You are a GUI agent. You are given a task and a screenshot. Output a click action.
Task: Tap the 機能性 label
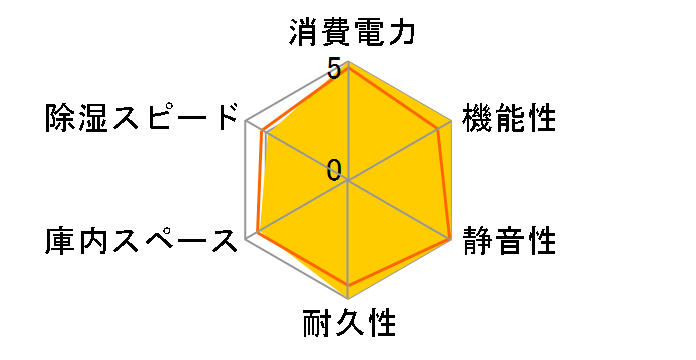(x=509, y=118)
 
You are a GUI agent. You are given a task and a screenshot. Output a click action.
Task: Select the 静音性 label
(x=509, y=240)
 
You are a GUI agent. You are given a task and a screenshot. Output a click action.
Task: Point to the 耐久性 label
(x=348, y=325)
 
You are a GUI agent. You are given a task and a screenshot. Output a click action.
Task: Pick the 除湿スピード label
(x=142, y=118)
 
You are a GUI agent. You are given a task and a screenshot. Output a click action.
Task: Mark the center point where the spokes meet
(x=348, y=181)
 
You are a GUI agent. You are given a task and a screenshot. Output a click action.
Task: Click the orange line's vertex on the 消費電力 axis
(x=348, y=67)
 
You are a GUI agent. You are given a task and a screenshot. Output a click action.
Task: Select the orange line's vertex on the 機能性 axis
(x=440, y=128)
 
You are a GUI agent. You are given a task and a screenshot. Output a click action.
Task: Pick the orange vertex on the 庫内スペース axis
(x=258, y=233)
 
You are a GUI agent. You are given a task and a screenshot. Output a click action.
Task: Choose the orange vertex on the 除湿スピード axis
(x=262, y=132)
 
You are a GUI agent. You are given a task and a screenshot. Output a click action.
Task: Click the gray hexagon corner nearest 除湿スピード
(x=247, y=123)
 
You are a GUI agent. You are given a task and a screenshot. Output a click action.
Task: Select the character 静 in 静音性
(x=477, y=240)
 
